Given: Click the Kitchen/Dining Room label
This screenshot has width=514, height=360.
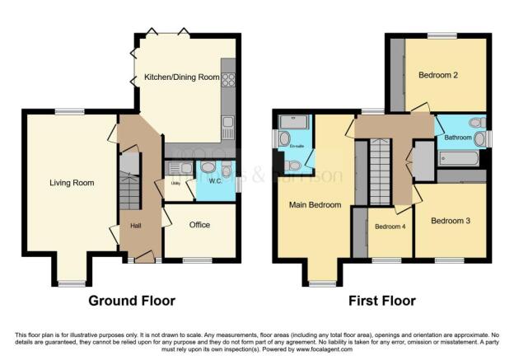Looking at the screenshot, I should pyautogui.click(x=182, y=77).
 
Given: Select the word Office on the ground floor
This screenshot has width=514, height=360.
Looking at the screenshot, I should pyautogui.click(x=200, y=224).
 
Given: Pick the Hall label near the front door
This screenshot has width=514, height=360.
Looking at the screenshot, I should pyautogui.click(x=136, y=224).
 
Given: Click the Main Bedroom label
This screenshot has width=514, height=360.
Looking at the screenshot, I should pyautogui.click(x=315, y=205).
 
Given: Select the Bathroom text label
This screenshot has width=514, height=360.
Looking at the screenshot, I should pyautogui.click(x=453, y=138).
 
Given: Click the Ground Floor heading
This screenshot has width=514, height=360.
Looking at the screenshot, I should pyautogui.click(x=132, y=301).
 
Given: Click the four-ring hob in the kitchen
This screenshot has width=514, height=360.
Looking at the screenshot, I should pyautogui.click(x=228, y=80).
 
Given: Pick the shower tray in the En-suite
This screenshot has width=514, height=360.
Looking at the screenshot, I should pyautogui.click(x=293, y=123).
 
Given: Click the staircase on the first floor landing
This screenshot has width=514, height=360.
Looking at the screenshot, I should pyautogui.click(x=380, y=171).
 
